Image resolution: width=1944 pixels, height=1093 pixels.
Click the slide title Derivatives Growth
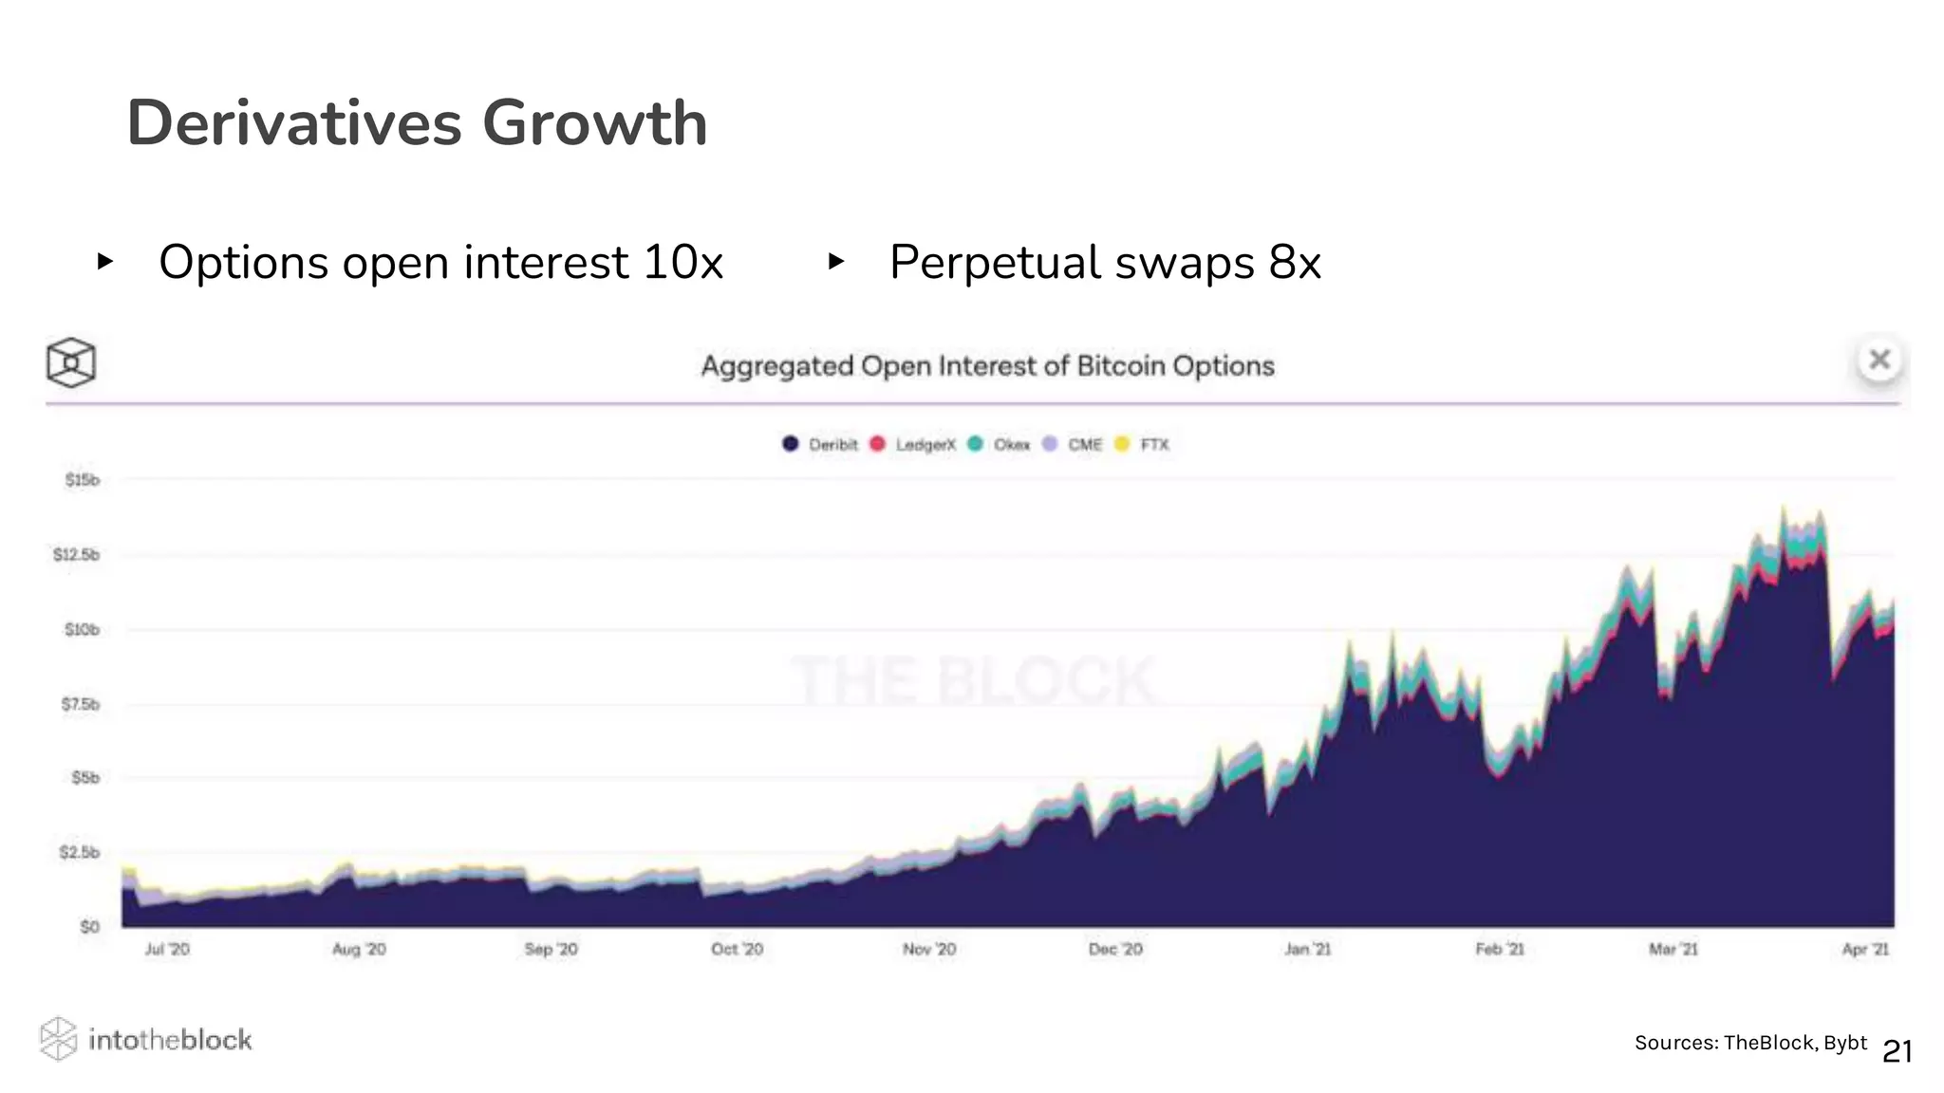(x=417, y=123)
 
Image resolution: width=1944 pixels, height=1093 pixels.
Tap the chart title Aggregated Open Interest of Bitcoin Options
(x=987, y=366)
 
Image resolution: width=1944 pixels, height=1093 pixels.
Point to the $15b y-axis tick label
(x=82, y=480)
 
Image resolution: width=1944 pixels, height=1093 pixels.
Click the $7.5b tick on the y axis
(x=80, y=704)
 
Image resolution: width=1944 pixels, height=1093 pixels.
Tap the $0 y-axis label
(x=89, y=926)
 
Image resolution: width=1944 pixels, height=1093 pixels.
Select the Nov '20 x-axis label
(x=929, y=949)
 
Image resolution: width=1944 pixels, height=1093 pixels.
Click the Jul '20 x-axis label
(x=167, y=949)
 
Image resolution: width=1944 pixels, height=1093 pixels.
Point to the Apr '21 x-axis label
(x=1865, y=949)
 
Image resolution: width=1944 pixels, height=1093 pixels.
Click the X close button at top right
(x=1879, y=360)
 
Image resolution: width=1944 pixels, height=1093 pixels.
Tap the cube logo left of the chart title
(x=71, y=362)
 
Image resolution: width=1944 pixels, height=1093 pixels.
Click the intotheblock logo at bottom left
(x=146, y=1040)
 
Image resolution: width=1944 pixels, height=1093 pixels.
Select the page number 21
(x=1897, y=1051)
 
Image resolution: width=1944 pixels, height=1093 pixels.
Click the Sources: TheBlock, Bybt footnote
(x=1749, y=1043)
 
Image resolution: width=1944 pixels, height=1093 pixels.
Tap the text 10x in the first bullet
(x=682, y=262)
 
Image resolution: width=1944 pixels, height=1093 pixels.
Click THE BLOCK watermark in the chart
(x=973, y=681)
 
